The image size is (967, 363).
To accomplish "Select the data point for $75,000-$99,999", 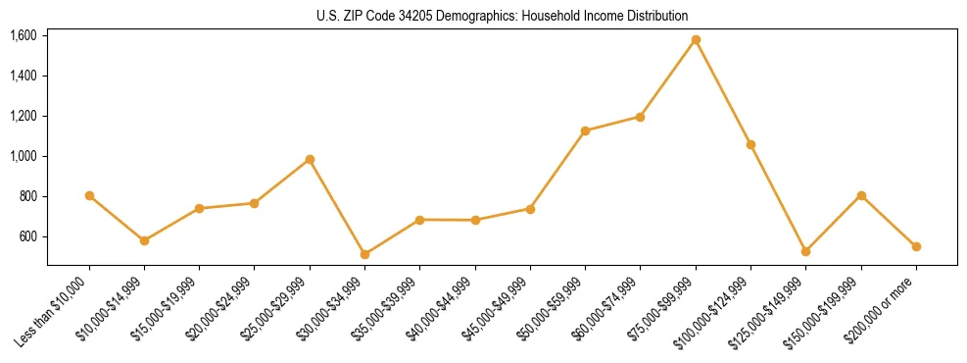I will point(696,40).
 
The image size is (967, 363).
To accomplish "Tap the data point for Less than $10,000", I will point(89,196).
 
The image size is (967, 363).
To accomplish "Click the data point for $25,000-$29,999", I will point(310,159).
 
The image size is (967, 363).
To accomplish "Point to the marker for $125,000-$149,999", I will point(805,251).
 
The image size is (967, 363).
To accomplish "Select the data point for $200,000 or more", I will point(916,246).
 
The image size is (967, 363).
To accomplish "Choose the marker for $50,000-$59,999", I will point(585,130).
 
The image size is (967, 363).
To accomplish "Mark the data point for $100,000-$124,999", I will point(750,144).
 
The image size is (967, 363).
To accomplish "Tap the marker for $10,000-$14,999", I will point(144,240).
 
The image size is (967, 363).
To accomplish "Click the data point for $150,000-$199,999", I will point(861,195).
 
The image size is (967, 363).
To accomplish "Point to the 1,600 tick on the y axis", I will point(23,36).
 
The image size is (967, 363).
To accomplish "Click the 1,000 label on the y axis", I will point(23,157).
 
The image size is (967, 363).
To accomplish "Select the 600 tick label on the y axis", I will point(26,237).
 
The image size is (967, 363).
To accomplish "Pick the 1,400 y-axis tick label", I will point(23,77).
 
